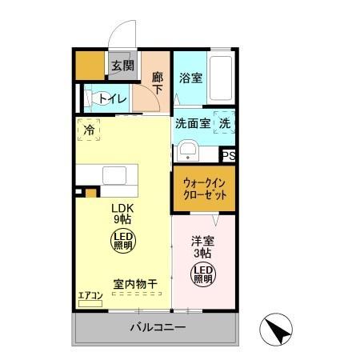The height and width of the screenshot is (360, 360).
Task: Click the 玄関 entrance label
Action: coord(122,66)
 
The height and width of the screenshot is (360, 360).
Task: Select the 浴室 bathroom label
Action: coord(190,78)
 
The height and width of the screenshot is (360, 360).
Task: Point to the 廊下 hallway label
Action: coord(158,83)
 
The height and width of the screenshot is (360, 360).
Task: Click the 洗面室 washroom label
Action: coord(193,124)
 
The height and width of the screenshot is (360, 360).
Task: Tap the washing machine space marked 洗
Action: coord(226,124)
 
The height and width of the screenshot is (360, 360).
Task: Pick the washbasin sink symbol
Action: coord(189,150)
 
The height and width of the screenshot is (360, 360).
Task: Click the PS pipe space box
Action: coord(229,157)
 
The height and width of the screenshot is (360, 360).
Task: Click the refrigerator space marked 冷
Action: coord(89,128)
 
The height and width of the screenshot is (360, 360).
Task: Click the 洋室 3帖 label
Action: coord(203,246)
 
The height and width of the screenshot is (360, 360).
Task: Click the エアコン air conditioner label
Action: coord(90,296)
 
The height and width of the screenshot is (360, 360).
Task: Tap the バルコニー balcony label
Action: coord(158,329)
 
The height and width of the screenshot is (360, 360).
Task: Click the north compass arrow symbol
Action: coord(275,329)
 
